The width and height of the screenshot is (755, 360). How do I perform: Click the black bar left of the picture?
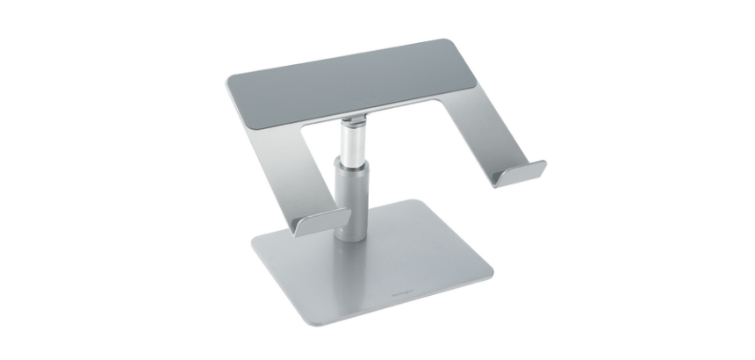(53, 180)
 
